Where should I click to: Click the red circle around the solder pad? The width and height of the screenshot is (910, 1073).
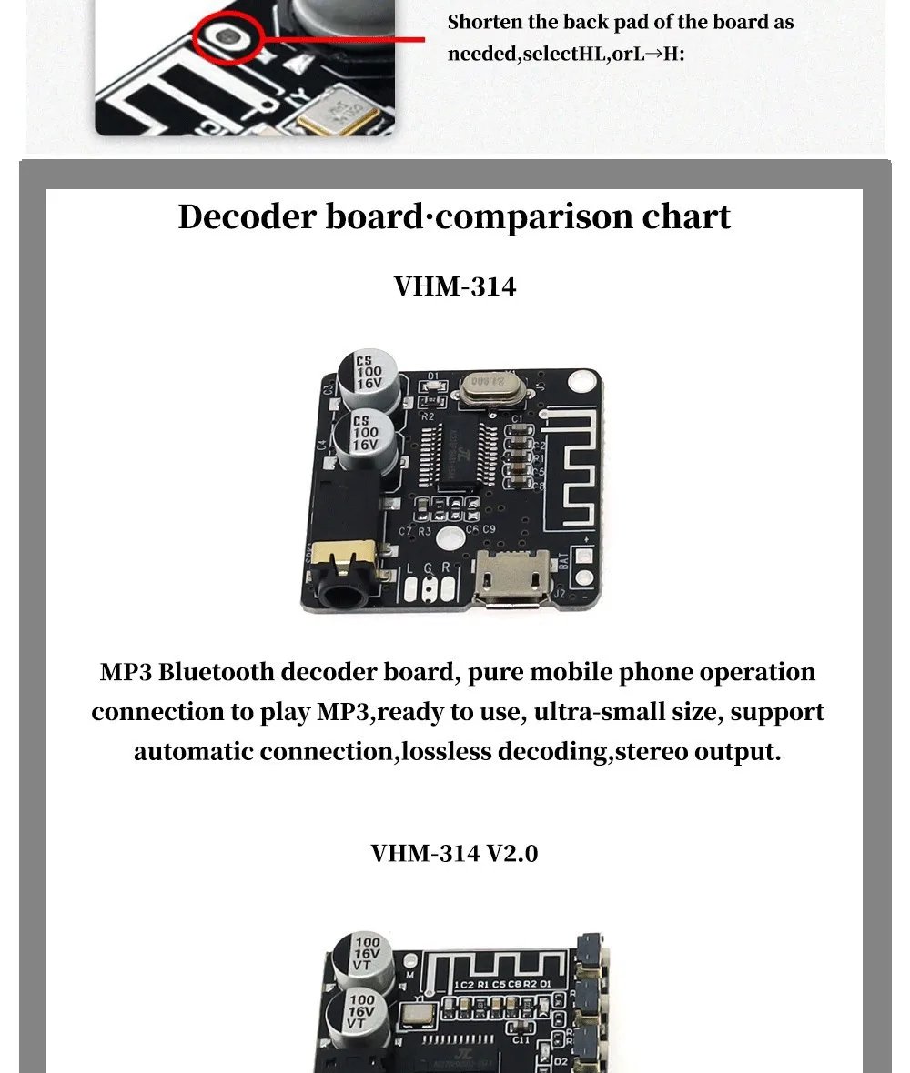click(x=234, y=37)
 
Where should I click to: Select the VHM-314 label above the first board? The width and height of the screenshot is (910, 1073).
click(x=455, y=286)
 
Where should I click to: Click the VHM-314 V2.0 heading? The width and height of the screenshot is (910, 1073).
click(x=454, y=853)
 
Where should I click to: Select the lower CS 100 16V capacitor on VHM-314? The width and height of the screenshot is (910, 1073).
click(x=364, y=435)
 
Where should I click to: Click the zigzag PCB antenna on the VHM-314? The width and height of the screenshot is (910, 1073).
click(x=571, y=464)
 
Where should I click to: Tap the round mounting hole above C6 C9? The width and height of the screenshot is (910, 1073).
click(x=446, y=537)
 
